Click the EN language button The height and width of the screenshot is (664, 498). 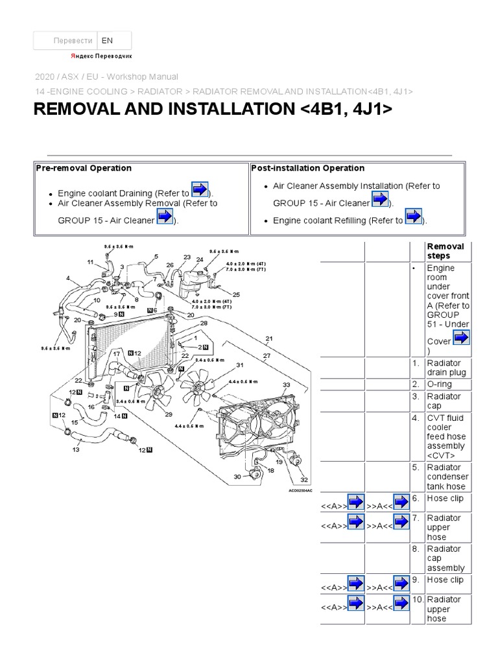click(113, 40)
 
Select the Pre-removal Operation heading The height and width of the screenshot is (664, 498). click(84, 168)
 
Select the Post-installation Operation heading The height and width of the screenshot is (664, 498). click(307, 168)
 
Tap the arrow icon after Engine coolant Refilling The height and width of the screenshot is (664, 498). click(413, 218)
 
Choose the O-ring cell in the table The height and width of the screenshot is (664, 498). click(444, 385)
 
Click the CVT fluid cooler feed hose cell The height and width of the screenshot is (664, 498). click(446, 436)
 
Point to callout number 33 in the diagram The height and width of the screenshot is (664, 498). click(286, 385)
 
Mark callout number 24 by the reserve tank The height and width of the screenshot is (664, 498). click(200, 259)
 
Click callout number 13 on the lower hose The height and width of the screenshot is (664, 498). click(75, 449)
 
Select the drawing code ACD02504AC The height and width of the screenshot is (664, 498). click(300, 491)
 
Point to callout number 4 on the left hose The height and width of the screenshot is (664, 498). click(67, 278)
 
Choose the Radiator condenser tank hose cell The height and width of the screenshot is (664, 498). click(446, 477)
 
